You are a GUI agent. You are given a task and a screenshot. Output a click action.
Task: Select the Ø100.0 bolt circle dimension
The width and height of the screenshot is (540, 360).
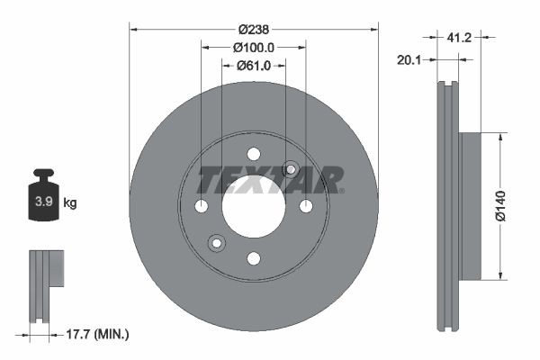coord(254,47)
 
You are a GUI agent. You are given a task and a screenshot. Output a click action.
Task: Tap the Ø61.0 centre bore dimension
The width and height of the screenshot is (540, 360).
coord(255,65)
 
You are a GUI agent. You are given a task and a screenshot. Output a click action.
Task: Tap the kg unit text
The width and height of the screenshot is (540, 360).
coord(69,203)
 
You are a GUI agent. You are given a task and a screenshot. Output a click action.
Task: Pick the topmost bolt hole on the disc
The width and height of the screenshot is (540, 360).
coord(254,154)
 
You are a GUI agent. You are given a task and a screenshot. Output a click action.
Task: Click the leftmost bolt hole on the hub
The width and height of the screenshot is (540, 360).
coord(202,207)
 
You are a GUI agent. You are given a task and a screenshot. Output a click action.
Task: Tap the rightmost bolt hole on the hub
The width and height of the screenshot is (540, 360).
coord(306,207)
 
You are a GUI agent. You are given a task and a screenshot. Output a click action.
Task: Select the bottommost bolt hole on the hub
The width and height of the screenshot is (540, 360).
coord(254,259)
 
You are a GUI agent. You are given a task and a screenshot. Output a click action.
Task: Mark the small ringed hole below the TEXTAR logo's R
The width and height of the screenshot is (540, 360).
coord(291,169)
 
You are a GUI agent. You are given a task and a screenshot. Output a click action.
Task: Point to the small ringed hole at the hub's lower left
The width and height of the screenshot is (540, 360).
coord(216,243)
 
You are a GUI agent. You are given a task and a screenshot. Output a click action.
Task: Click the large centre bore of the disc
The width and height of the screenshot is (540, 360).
coord(254,207)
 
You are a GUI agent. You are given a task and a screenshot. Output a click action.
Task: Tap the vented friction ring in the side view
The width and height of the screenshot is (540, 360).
coord(447,206)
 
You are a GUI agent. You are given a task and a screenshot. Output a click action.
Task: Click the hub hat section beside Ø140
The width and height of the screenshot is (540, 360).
coord(470,206)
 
